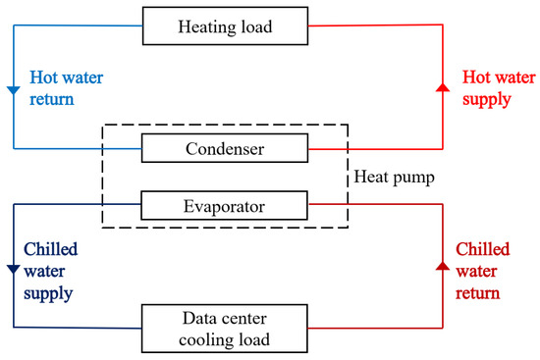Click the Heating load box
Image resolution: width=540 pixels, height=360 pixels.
(x=225, y=27)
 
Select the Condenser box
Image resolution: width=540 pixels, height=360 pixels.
(x=225, y=149)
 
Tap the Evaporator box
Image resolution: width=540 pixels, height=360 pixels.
(x=225, y=205)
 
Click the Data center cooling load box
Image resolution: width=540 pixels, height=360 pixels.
(x=225, y=327)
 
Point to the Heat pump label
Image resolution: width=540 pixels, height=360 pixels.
(x=394, y=179)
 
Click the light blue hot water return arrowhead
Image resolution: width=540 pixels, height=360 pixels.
(x=13, y=91)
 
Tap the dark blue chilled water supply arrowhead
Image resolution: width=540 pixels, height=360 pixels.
(x=13, y=269)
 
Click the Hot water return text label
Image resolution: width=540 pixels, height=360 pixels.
(x=64, y=86)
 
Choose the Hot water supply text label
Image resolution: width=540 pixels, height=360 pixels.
(x=488, y=86)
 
